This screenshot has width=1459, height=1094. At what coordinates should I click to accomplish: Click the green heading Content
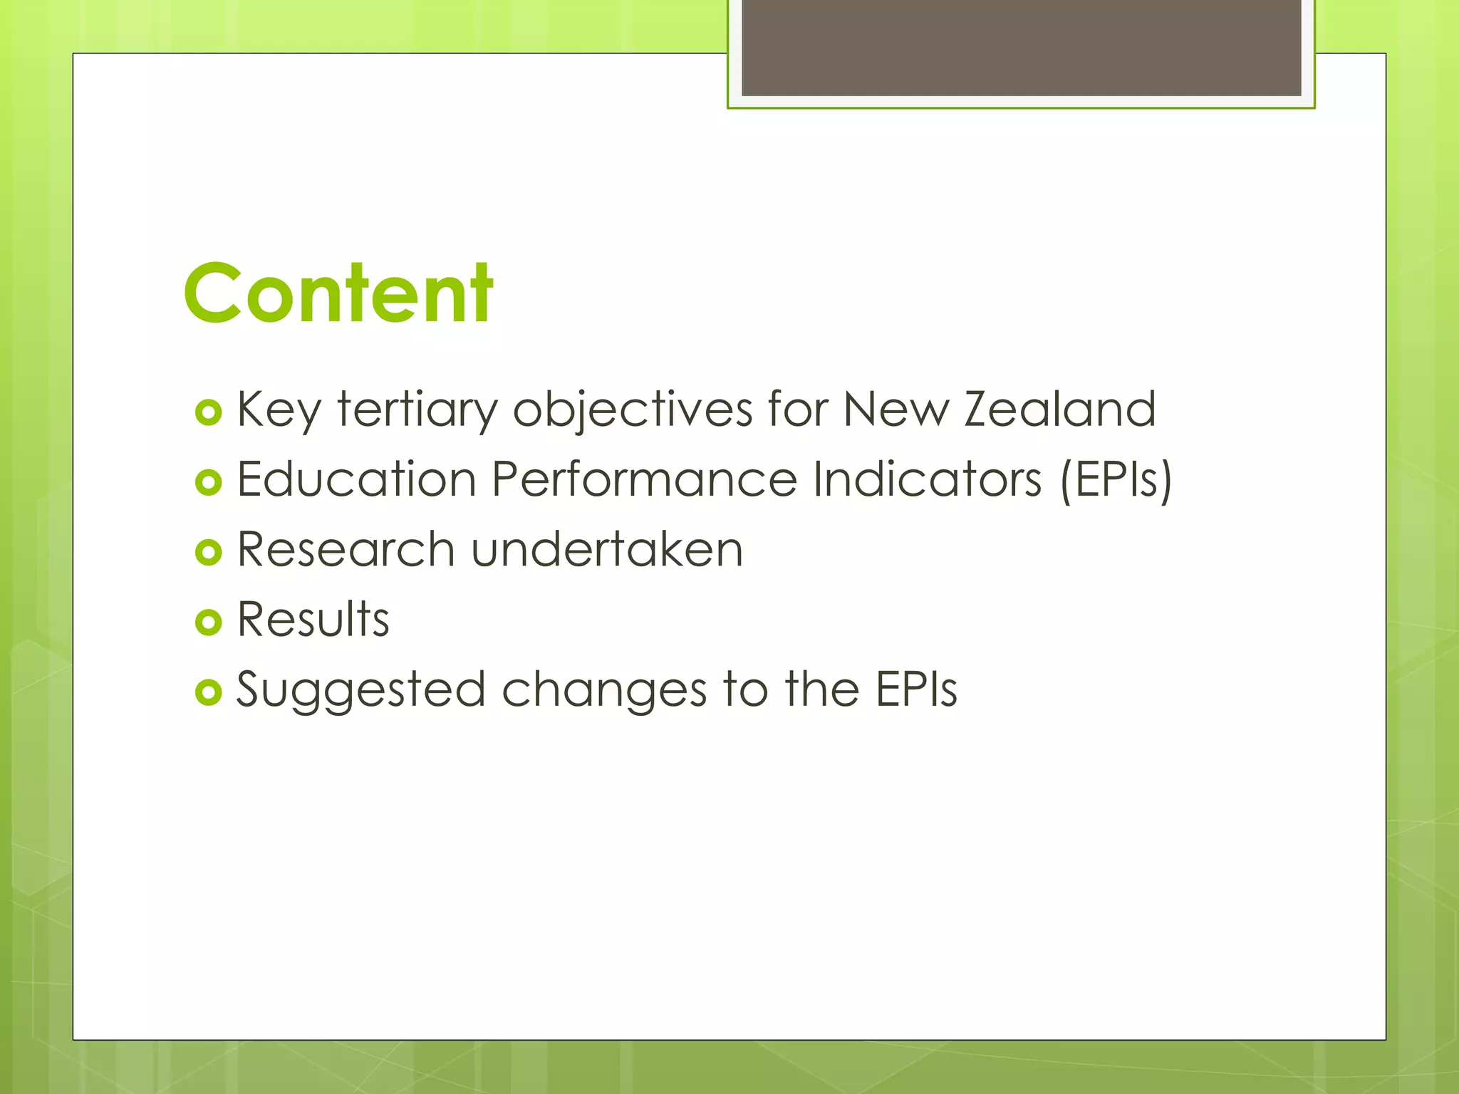(x=338, y=293)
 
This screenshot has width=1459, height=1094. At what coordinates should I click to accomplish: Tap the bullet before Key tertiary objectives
(x=208, y=412)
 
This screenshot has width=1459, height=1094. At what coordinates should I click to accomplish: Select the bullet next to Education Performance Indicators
(x=208, y=482)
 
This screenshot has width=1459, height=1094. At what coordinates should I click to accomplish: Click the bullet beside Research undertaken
(x=208, y=552)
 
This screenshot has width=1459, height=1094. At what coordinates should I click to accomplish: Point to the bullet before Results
(x=208, y=622)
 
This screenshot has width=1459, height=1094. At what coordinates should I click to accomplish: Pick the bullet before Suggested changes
(x=208, y=692)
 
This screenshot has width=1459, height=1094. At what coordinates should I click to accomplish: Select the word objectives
(x=633, y=410)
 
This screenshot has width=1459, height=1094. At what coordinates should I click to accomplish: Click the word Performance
(x=644, y=479)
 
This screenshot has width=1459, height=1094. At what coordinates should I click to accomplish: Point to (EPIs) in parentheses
(x=1116, y=480)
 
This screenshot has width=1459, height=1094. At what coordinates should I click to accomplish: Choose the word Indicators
(x=928, y=479)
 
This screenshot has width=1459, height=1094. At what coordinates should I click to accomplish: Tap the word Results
(x=313, y=618)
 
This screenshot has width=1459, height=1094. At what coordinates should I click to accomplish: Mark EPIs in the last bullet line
(x=916, y=689)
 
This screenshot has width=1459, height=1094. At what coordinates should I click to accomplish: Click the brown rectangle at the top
(x=1021, y=47)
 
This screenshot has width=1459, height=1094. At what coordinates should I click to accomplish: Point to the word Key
(x=279, y=410)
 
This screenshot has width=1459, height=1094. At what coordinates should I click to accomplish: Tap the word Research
(x=346, y=549)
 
